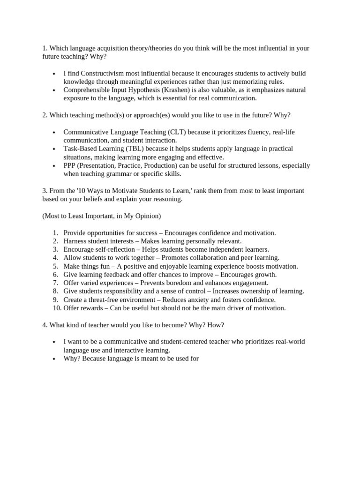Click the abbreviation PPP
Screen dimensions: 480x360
71,165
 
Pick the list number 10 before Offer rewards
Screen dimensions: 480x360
55,308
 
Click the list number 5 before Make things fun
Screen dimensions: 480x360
55,266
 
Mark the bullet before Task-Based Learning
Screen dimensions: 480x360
54,149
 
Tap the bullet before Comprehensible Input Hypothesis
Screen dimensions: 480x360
54,90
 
